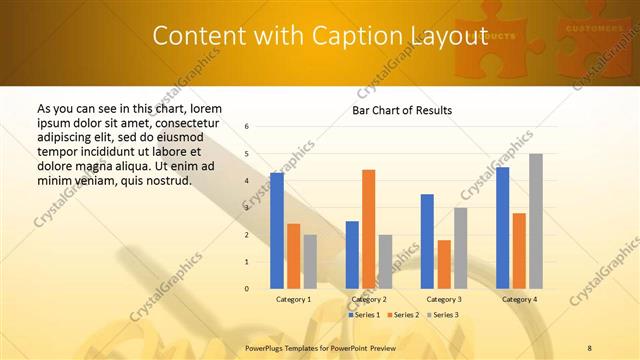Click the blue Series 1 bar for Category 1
point(277,230)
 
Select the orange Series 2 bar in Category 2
point(368,229)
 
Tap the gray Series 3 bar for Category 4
point(535,221)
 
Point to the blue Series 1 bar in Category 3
point(427,241)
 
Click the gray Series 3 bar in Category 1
point(310,261)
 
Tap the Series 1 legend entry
point(364,315)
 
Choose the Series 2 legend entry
point(403,315)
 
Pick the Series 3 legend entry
point(442,315)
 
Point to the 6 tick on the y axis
point(247,127)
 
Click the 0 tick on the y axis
point(247,289)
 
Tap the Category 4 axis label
point(519,299)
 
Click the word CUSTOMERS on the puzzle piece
point(594,29)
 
